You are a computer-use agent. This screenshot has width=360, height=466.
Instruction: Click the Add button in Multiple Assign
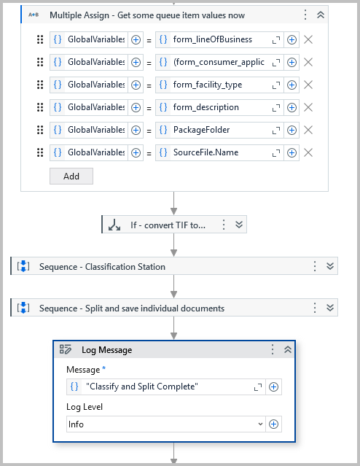tap(71, 176)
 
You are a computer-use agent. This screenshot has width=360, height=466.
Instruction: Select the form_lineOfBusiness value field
tap(213, 39)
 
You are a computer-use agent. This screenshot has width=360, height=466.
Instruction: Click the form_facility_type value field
tap(213, 85)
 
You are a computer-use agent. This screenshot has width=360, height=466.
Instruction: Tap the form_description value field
tap(213, 107)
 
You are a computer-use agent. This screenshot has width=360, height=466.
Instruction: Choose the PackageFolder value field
tap(213, 130)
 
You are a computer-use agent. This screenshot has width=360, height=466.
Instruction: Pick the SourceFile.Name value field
tap(213, 152)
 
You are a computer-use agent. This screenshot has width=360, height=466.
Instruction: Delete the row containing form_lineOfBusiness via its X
tap(308, 39)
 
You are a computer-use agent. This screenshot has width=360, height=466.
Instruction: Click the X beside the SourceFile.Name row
tap(308, 152)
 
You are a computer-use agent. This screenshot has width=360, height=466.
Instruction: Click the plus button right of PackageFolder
tap(291, 130)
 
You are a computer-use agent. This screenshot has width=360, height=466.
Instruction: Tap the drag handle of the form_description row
tap(40, 107)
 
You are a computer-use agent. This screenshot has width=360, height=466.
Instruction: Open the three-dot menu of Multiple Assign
tap(305, 15)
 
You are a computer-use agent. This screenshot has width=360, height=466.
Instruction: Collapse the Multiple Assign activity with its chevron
tap(321, 15)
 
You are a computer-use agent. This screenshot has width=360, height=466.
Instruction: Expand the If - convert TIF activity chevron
tap(238, 225)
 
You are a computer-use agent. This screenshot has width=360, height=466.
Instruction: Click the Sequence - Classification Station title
tap(102, 266)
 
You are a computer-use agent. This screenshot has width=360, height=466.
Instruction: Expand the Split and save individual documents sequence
tap(330, 308)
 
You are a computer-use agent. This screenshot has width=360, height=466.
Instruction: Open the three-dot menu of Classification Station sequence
tap(315, 266)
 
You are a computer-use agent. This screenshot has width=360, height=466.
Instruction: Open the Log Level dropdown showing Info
tap(165, 424)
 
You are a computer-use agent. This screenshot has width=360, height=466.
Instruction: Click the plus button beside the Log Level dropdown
tap(274, 424)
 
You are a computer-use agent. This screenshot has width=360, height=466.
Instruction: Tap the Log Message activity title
tap(106, 349)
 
